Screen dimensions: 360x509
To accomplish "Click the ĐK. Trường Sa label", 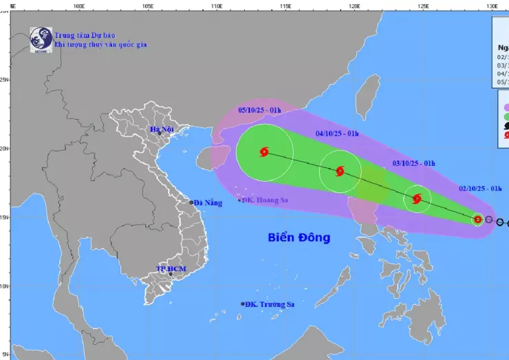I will [268, 304].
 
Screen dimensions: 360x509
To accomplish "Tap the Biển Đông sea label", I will [299, 237].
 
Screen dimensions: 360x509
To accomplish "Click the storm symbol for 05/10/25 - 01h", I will [264, 152].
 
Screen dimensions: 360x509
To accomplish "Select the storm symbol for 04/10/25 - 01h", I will [340, 171].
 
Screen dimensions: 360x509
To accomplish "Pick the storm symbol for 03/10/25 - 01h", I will [417, 199].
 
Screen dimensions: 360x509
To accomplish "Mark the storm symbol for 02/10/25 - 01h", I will [478, 220].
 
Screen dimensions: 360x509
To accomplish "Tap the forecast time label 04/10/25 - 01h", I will [337, 134].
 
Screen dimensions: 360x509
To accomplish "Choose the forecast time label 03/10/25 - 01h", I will [413, 162].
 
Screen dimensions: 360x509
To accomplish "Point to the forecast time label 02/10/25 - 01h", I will [481, 188].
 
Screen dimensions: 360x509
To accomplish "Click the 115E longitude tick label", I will [285, 6].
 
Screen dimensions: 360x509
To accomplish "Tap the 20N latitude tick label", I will [4, 148].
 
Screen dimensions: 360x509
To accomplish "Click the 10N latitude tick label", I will [4, 286].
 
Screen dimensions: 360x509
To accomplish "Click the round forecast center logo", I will [41, 39].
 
